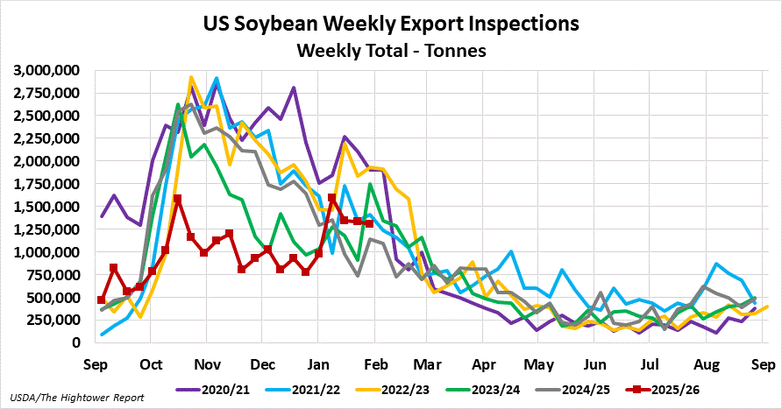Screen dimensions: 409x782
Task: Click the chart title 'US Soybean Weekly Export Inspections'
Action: (x=391, y=24)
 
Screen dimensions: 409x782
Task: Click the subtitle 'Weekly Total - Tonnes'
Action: (x=391, y=51)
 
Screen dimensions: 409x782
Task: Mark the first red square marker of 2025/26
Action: (x=101, y=300)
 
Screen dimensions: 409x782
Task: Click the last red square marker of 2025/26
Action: (x=370, y=223)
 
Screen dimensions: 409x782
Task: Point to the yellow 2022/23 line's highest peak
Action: (x=191, y=78)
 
